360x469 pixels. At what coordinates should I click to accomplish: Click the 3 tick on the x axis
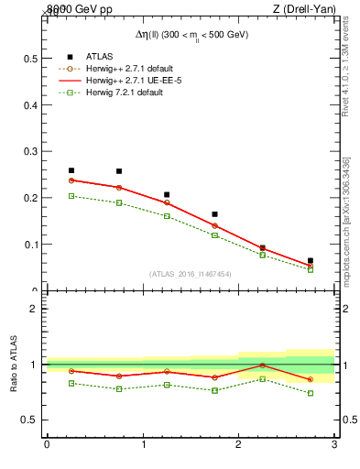[334, 445]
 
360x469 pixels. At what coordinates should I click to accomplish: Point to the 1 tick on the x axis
[143, 445]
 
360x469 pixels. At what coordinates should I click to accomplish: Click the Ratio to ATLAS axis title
[13, 364]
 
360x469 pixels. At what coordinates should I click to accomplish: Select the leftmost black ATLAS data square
[71, 170]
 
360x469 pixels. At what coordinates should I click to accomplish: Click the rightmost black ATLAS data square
[311, 261]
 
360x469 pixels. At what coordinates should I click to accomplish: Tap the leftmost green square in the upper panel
[71, 196]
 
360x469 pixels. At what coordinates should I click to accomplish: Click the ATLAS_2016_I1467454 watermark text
[191, 273]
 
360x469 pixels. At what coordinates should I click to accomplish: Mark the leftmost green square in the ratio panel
[71, 383]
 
